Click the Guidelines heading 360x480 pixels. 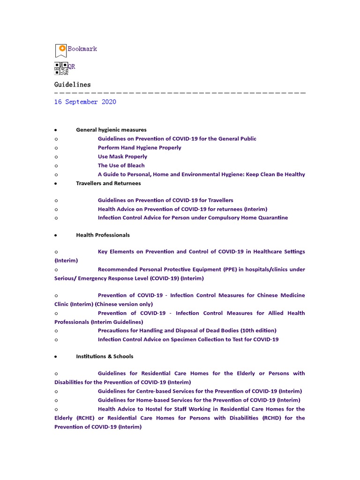(x=72, y=85)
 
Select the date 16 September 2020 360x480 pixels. (x=85, y=102)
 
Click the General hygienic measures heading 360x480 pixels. (x=111, y=130)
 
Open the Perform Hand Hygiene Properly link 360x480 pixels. (x=139, y=148)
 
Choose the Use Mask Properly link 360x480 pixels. (x=122, y=157)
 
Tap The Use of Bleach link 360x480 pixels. (x=121, y=165)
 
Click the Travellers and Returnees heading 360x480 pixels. (x=108, y=183)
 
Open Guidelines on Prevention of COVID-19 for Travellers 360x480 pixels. (x=165, y=200)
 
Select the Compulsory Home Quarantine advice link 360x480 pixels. (x=193, y=218)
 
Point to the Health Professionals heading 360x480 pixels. (x=103, y=235)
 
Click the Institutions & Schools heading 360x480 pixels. (x=105, y=357)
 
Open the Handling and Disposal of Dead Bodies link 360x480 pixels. (x=187, y=330)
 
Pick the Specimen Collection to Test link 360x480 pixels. (x=188, y=339)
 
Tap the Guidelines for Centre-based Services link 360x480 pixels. (x=200, y=391)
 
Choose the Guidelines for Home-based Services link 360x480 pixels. (x=199, y=400)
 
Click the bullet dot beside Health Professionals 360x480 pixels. (x=56, y=235)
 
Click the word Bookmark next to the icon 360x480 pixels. (x=82, y=49)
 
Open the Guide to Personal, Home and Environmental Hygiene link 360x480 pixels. (x=201, y=174)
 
